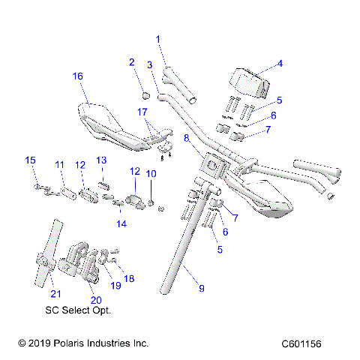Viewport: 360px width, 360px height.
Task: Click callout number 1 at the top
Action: (158, 38)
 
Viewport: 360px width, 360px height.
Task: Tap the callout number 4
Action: (280, 64)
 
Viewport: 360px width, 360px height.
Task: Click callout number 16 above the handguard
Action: (77, 76)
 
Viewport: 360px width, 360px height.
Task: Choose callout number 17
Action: (142, 112)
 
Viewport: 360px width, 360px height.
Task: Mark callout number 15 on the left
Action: (31, 160)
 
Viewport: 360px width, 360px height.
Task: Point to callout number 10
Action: (150, 174)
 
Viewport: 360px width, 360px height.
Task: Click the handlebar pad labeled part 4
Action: (247, 82)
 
